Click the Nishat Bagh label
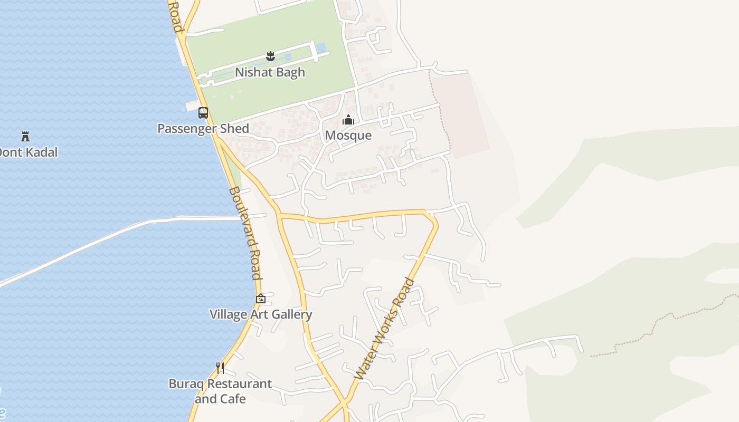click(270, 72)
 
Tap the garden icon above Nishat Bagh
click(270, 56)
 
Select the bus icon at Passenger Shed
click(203, 112)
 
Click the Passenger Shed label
click(203, 128)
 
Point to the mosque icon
click(348, 120)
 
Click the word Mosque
click(348, 136)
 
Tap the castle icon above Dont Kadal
click(25, 137)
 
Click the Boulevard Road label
click(245, 233)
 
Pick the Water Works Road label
click(384, 329)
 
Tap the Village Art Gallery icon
click(261, 299)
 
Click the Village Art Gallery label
click(261, 314)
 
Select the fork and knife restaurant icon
click(220, 368)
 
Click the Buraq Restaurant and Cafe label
click(220, 391)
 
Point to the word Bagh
click(289, 72)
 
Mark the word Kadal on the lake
click(38, 152)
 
